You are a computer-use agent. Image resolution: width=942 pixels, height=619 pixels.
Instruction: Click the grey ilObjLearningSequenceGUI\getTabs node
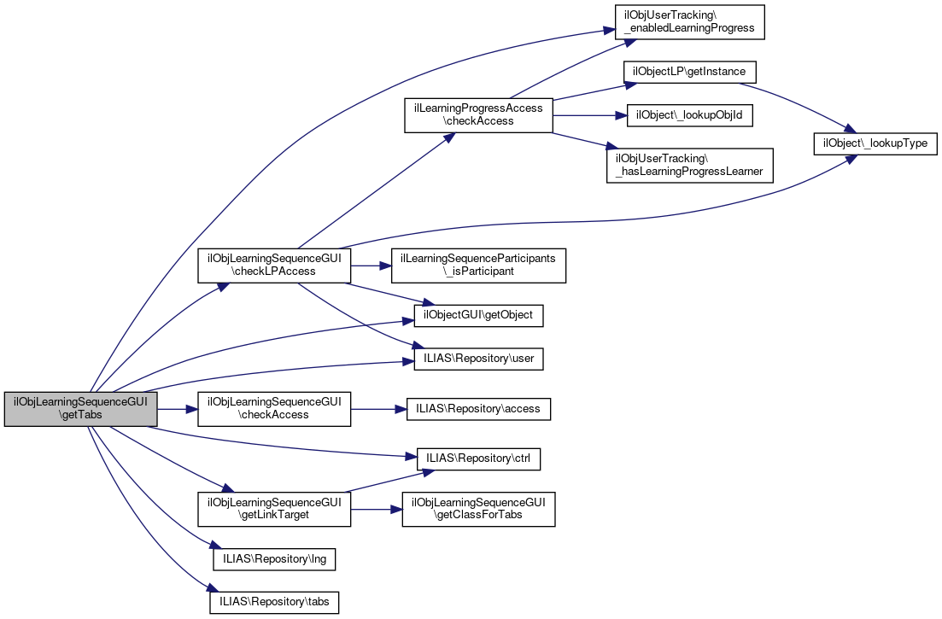tap(81, 409)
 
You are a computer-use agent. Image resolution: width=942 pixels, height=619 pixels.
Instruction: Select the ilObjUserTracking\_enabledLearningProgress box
tap(688, 21)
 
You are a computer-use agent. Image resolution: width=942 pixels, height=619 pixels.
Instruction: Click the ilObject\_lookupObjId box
tap(690, 115)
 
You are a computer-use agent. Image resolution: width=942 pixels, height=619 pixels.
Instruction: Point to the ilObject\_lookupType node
tap(875, 143)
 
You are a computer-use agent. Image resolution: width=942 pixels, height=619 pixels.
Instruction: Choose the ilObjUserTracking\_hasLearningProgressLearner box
tap(688, 165)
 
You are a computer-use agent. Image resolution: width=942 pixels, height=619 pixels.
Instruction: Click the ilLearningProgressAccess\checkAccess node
tap(478, 114)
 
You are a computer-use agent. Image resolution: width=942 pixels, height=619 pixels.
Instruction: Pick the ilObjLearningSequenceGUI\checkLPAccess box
tap(274, 265)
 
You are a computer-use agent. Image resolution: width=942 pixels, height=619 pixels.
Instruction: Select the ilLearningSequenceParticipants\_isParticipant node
tap(478, 265)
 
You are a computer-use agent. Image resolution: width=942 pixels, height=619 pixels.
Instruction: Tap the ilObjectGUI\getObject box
tap(478, 315)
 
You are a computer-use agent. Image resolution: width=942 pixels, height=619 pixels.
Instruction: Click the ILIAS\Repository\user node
tap(478, 359)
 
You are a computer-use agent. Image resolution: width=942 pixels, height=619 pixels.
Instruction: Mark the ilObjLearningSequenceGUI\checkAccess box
tap(274, 409)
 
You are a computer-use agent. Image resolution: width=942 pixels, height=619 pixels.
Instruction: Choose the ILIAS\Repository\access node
tap(478, 409)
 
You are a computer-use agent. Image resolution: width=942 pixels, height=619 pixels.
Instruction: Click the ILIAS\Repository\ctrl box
tap(478, 458)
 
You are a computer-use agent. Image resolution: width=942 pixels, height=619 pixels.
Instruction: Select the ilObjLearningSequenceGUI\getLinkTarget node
tap(274, 509)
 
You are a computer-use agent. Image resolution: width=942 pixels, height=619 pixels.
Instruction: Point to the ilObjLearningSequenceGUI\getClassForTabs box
tap(478, 509)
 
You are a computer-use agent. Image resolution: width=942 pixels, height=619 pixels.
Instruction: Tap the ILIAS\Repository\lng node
tap(274, 559)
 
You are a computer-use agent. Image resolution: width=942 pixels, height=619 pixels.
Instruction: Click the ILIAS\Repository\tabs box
tap(274, 602)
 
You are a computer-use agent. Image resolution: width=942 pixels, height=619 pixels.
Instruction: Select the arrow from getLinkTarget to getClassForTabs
tap(376, 509)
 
